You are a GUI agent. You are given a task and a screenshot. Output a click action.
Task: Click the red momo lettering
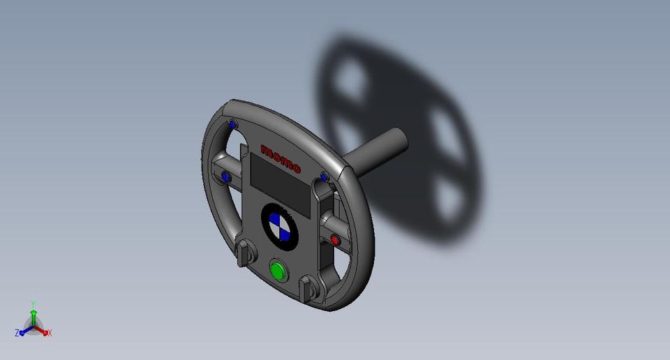pyautogui.click(x=280, y=158)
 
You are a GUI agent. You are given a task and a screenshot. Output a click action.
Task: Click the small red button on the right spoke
pyautogui.click(x=335, y=240)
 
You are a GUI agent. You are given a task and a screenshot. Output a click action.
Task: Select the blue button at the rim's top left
pyautogui.click(x=233, y=125)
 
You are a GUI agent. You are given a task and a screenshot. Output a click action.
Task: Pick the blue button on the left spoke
pyautogui.click(x=225, y=177)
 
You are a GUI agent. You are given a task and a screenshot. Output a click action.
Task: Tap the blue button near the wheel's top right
pyautogui.click(x=323, y=177)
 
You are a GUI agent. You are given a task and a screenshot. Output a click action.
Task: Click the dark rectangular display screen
pyautogui.click(x=279, y=188)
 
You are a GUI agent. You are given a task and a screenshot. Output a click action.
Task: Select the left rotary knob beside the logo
pyautogui.click(x=244, y=253)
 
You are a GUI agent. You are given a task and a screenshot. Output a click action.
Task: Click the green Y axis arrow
pyautogui.click(x=33, y=313)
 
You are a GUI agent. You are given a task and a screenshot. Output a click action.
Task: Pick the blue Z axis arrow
pyautogui.click(x=23, y=332)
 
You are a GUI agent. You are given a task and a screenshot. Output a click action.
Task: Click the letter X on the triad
pyautogui.click(x=50, y=333)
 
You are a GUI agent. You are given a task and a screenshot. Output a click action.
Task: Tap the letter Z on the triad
pyautogui.click(x=17, y=333)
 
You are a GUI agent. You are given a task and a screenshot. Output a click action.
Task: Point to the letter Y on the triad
pyautogui.click(x=33, y=304)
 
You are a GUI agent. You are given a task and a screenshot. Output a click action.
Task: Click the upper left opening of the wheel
pyautogui.click(x=225, y=149)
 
